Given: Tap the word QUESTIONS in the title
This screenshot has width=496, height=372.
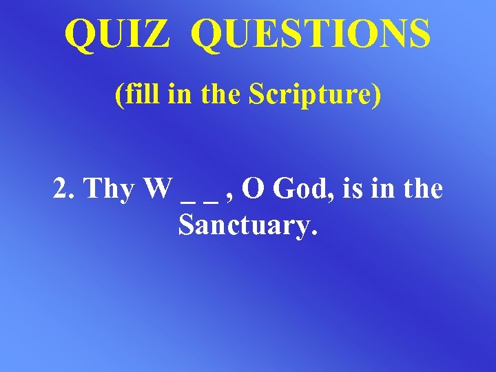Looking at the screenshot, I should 313,34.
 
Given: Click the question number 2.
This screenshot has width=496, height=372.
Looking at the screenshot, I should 61,189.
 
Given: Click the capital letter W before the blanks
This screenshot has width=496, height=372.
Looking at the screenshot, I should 158,189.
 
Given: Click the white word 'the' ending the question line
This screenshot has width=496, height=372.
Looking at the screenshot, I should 422,189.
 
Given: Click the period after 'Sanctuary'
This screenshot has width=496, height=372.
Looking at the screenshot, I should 315,232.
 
